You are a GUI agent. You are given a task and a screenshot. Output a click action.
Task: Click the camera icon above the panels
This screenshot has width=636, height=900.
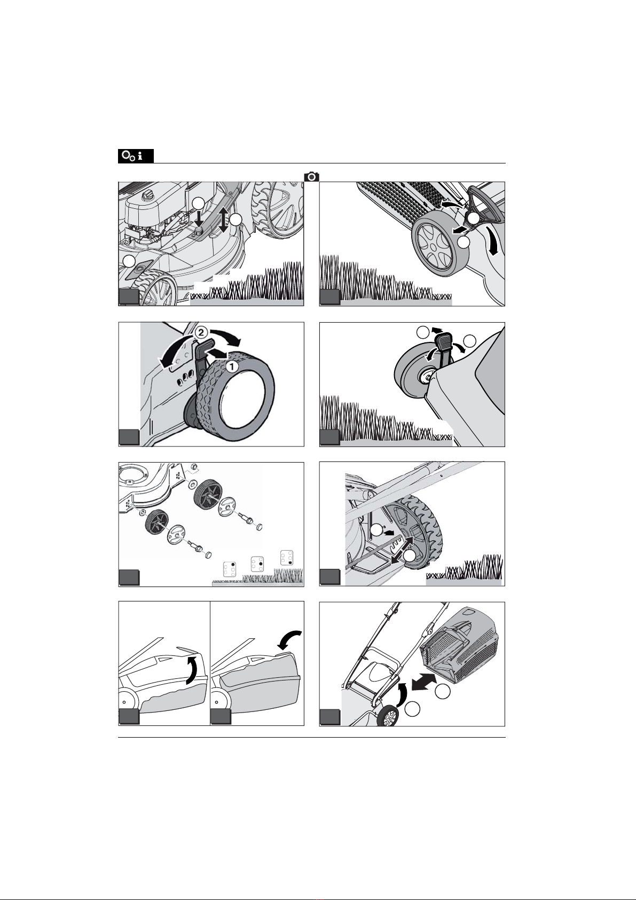(x=311, y=177)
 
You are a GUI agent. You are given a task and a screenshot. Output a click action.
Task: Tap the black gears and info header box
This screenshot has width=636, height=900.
(x=136, y=156)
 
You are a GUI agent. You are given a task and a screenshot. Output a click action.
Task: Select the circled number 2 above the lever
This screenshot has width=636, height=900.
(x=201, y=333)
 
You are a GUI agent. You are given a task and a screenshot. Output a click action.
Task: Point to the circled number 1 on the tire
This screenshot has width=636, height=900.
(x=232, y=366)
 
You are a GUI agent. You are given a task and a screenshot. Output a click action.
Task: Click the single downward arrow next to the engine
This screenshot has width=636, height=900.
(x=199, y=218)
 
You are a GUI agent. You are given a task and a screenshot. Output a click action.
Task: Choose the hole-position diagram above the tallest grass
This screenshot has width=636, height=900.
(x=287, y=558)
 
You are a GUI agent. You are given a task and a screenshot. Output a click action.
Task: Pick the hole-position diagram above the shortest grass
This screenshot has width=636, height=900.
(x=230, y=570)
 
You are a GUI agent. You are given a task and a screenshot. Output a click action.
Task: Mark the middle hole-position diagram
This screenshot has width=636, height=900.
(x=257, y=564)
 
